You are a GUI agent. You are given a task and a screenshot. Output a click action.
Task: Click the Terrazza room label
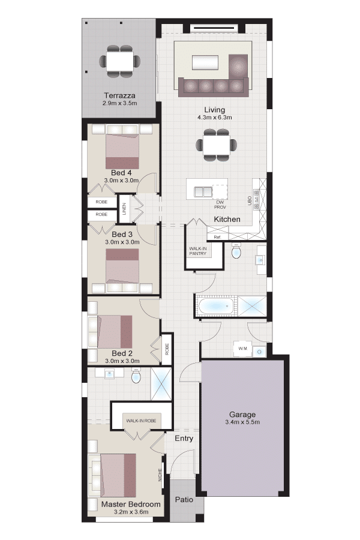[x=119, y=95]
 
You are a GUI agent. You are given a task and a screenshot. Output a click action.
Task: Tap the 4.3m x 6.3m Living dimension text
[x=214, y=118]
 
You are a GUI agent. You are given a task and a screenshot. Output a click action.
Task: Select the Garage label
[x=242, y=415]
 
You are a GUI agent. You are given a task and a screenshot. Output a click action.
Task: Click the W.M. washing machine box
[x=243, y=349]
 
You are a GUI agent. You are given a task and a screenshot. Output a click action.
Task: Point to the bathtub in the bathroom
[x=215, y=306]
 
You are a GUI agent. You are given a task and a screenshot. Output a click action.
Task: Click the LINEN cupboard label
[x=124, y=209]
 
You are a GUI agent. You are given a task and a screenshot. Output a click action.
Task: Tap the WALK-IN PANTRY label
[x=198, y=251]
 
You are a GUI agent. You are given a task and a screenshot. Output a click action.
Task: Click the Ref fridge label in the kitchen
[x=217, y=237]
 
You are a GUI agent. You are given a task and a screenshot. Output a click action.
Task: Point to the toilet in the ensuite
[x=136, y=376]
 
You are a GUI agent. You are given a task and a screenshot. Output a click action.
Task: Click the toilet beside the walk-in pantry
[x=236, y=251]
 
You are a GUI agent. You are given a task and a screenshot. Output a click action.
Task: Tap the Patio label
[x=184, y=499]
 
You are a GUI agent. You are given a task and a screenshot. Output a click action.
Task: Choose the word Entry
[x=184, y=439]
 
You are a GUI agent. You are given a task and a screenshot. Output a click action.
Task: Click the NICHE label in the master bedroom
[x=160, y=475]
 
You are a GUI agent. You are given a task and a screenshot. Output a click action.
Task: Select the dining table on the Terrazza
[x=119, y=61]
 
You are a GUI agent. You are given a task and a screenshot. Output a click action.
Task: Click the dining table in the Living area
[x=217, y=145]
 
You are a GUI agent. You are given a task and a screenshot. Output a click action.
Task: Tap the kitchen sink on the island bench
[x=203, y=191]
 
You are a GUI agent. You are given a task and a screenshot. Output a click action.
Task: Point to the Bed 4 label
[x=121, y=173]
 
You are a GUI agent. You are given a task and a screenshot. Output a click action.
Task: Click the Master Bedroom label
[x=131, y=504]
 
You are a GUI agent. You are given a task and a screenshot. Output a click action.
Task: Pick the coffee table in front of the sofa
[x=205, y=63]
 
